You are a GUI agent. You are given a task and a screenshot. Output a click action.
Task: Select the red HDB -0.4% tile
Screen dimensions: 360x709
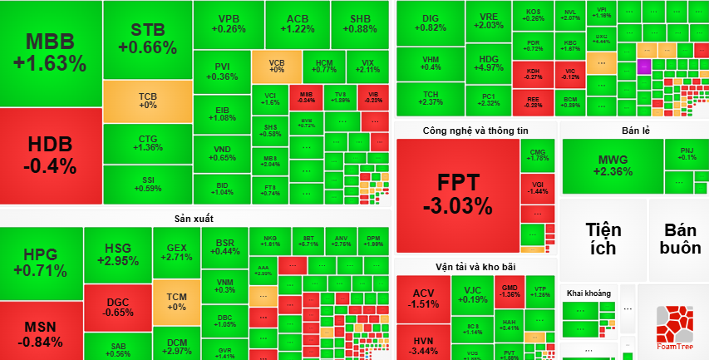point(51,155)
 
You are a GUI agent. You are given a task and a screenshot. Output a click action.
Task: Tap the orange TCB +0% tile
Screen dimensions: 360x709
point(147,101)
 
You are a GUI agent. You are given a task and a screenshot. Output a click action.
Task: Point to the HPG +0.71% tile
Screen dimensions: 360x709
point(40,262)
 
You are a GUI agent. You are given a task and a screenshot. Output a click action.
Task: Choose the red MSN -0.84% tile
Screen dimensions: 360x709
point(40,332)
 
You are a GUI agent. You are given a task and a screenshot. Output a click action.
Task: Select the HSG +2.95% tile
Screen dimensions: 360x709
point(117,254)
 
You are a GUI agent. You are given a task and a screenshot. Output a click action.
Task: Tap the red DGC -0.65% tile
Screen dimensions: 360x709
point(117,307)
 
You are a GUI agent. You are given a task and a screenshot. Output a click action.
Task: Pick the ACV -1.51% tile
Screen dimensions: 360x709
point(424,298)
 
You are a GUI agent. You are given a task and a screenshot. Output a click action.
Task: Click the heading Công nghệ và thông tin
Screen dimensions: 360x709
point(475,131)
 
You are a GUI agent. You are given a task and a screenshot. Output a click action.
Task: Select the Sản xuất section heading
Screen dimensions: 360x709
point(194,219)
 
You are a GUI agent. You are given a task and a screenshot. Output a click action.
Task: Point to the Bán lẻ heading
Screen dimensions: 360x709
point(634,131)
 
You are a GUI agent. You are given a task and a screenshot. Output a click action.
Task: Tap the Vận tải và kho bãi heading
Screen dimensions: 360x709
point(475,267)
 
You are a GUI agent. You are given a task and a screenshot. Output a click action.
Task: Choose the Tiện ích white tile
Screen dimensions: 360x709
point(603,239)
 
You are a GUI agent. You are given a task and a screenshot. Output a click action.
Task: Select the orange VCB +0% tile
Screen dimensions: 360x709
point(277,65)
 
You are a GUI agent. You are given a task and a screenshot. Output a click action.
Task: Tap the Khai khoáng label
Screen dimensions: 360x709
point(588,293)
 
